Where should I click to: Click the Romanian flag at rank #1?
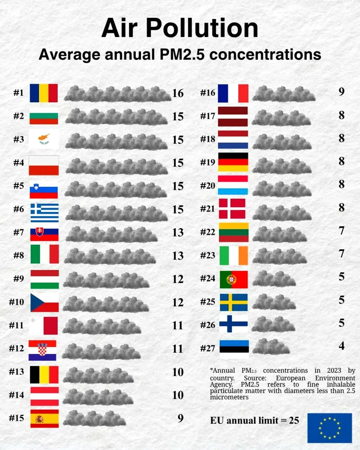[44, 93]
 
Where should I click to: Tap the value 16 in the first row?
[178, 93]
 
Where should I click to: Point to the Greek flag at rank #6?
[44, 209]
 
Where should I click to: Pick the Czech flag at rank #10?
[44, 302]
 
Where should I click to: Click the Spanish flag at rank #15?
[44, 418]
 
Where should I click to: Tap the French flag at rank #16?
[233, 93]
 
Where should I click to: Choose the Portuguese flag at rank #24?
[233, 279]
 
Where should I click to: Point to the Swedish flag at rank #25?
[233, 302]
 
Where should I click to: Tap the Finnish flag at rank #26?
[233, 325]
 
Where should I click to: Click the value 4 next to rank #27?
[341, 346]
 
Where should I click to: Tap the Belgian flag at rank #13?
[44, 373]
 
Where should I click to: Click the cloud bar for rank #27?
[271, 348]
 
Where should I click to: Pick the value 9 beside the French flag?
[341, 92]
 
